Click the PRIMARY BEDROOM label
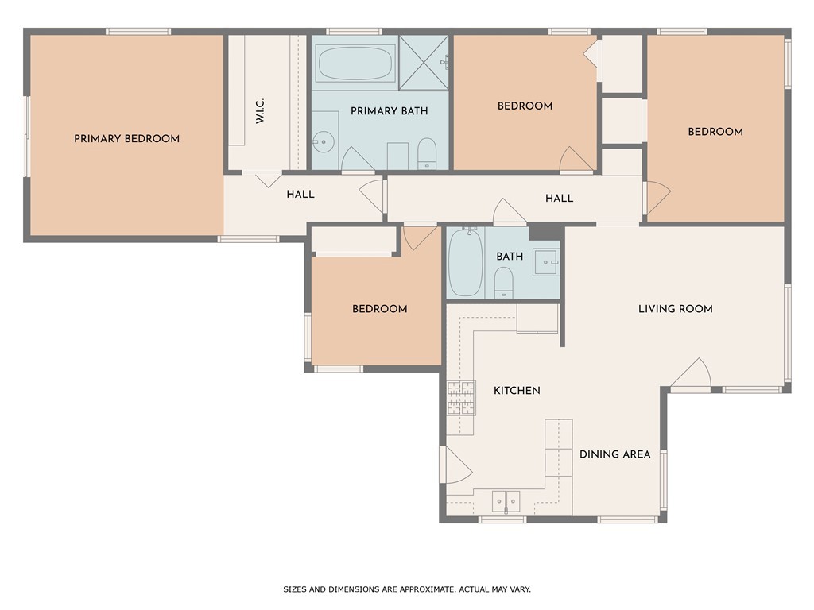pos(126,139)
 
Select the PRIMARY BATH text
pos(389,111)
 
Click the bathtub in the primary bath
pos(355,62)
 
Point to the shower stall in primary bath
pos(424,62)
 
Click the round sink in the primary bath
pos(323,143)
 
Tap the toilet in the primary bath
pos(427,153)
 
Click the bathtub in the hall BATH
pos(465,262)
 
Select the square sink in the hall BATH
pos(545,261)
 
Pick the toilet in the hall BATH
pos(503,282)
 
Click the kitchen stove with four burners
pos(461,399)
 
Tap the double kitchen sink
pos(506,500)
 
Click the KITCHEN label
pos(517,391)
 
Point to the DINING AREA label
pos(614,454)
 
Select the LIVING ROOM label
pos(675,309)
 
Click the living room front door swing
pos(692,375)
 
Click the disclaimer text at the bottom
pos(407,589)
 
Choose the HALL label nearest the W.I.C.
pos(300,195)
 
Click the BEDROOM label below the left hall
pos(379,309)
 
